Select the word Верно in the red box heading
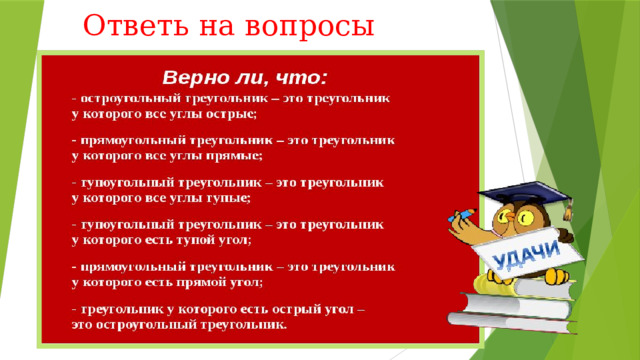[x=197, y=76]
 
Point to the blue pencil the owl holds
[x=463, y=215]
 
